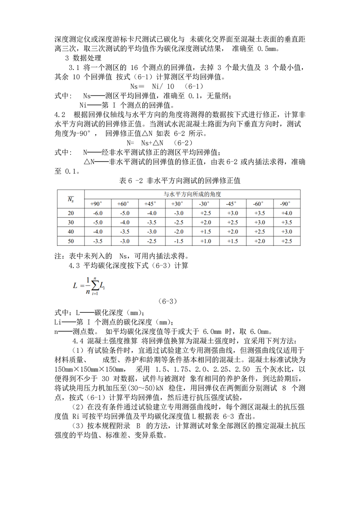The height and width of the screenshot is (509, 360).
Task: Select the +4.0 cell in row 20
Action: pos(286,213)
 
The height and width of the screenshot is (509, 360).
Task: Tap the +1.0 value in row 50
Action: pos(205,241)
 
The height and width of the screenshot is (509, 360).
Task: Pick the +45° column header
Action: pos(151,203)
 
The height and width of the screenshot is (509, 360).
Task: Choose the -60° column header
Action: pos(259,203)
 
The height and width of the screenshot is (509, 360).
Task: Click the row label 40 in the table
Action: pos(71,232)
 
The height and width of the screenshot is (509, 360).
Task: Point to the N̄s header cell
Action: pos(71,198)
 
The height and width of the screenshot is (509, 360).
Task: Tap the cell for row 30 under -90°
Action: pos(286,222)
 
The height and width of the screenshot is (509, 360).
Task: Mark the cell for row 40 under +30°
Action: pos(178,232)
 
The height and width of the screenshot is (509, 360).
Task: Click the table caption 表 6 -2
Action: pos(180,181)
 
